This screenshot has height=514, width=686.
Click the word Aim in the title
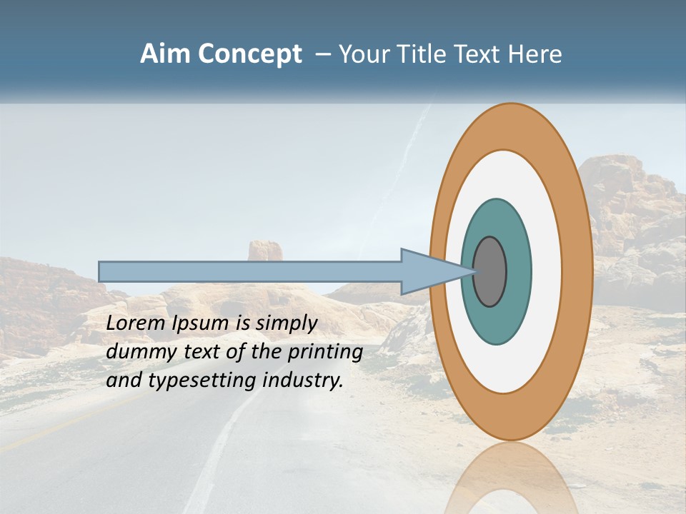[x=166, y=54]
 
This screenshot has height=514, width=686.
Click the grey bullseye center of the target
[x=489, y=272]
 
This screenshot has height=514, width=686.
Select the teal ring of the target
[x=497, y=321]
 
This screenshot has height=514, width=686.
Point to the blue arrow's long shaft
[x=250, y=271]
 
